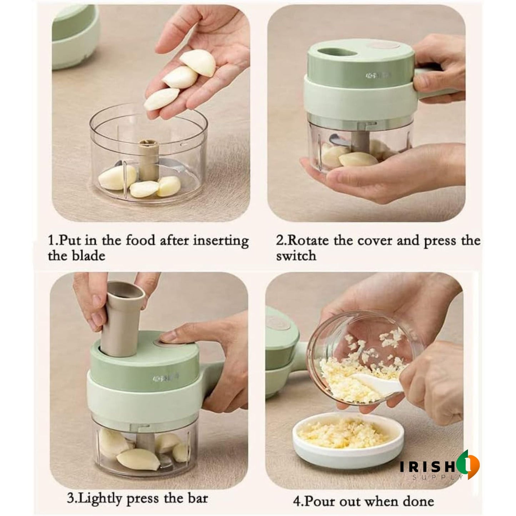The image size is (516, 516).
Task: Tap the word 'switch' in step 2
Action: (x=296, y=256)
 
